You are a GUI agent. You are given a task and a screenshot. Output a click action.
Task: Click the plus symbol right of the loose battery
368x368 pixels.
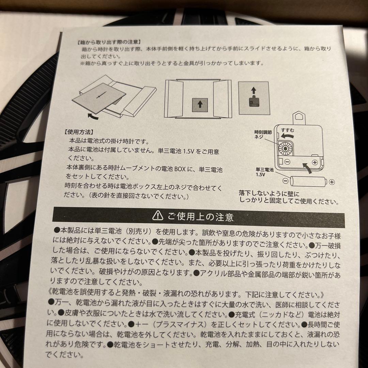(332, 181)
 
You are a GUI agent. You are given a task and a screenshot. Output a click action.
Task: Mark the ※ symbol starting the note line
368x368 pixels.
(82, 63)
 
